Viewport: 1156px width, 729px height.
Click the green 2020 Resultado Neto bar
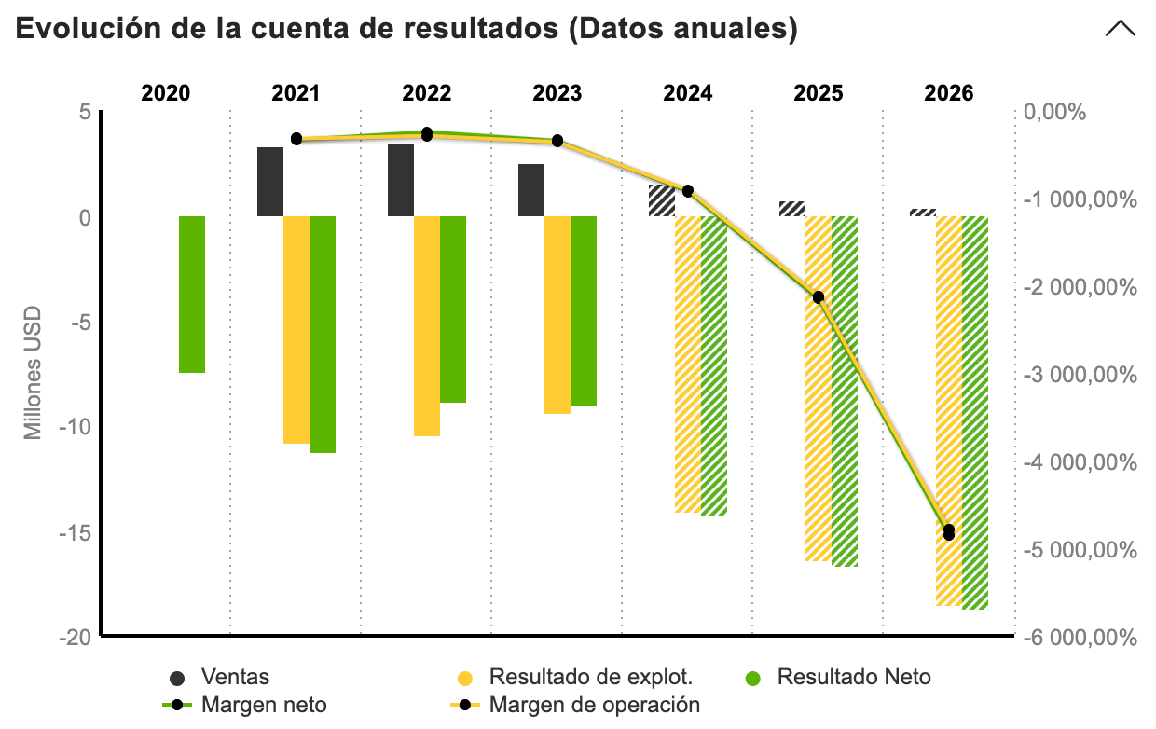click(192, 294)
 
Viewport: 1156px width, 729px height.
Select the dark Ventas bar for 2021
click(270, 182)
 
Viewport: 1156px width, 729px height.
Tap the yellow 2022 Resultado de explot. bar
click(427, 326)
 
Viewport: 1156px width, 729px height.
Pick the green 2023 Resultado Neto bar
click(584, 311)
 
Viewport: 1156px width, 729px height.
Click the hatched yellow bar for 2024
click(688, 364)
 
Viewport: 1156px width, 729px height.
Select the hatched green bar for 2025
click(845, 392)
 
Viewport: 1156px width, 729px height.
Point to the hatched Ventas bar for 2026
click(923, 213)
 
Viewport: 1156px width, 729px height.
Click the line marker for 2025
click(819, 297)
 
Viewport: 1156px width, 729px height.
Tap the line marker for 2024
click(688, 191)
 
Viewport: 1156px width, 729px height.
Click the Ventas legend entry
click(233, 677)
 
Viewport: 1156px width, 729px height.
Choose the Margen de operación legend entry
click(594, 705)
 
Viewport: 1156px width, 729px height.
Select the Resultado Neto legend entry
click(854, 677)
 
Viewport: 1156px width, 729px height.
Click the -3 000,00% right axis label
click(1080, 375)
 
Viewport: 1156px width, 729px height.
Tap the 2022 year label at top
click(427, 93)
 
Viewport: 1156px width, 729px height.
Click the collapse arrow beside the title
click(1120, 29)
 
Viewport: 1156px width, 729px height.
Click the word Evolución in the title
click(79, 29)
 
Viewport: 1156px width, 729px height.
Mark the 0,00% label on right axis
click(1056, 113)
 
